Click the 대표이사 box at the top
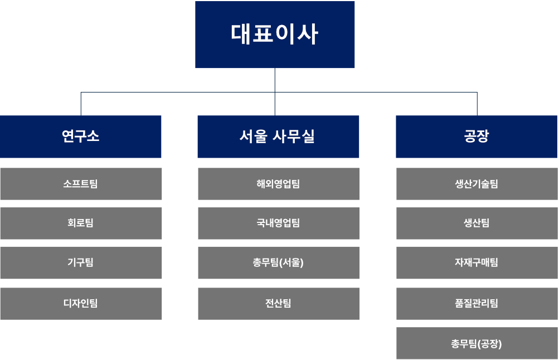pyautogui.click(x=275, y=35)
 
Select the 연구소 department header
pyautogui.click(x=81, y=137)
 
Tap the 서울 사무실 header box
pyautogui.click(x=279, y=137)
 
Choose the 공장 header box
pyautogui.click(x=477, y=137)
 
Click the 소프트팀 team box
pyautogui.click(x=81, y=184)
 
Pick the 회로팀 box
pyautogui.click(x=81, y=223)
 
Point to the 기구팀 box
pyautogui.click(x=81, y=262)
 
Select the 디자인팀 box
pyautogui.click(x=81, y=304)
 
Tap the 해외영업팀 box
pyautogui.click(x=279, y=184)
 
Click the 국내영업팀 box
pyautogui.click(x=279, y=223)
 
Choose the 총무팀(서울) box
pyautogui.click(x=279, y=262)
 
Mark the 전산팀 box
pyautogui.click(x=279, y=304)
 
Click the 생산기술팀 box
pyautogui.click(x=477, y=184)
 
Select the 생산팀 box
pyautogui.click(x=477, y=223)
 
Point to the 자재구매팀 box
pyautogui.click(x=477, y=262)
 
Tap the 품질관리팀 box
pyautogui.click(x=477, y=304)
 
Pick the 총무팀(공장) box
pyautogui.click(x=477, y=343)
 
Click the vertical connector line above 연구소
pyautogui.click(x=81, y=104)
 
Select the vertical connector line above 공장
pyautogui.click(x=478, y=104)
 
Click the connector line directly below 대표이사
pyautogui.click(x=275, y=91)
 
